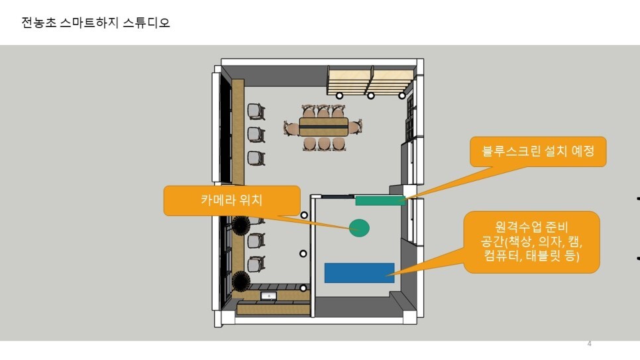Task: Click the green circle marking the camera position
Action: [358, 228]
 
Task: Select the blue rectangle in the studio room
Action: [359, 273]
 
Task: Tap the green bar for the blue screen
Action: [380, 200]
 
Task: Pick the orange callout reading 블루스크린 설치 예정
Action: [537, 152]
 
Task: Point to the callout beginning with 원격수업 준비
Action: [532, 241]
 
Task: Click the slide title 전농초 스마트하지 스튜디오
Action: [95, 23]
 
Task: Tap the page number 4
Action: [589, 343]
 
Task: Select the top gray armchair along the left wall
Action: [256, 111]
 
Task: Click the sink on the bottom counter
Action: [268, 296]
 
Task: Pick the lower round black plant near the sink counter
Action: [240, 281]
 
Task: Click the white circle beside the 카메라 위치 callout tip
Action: [304, 215]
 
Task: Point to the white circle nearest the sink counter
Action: [303, 288]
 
